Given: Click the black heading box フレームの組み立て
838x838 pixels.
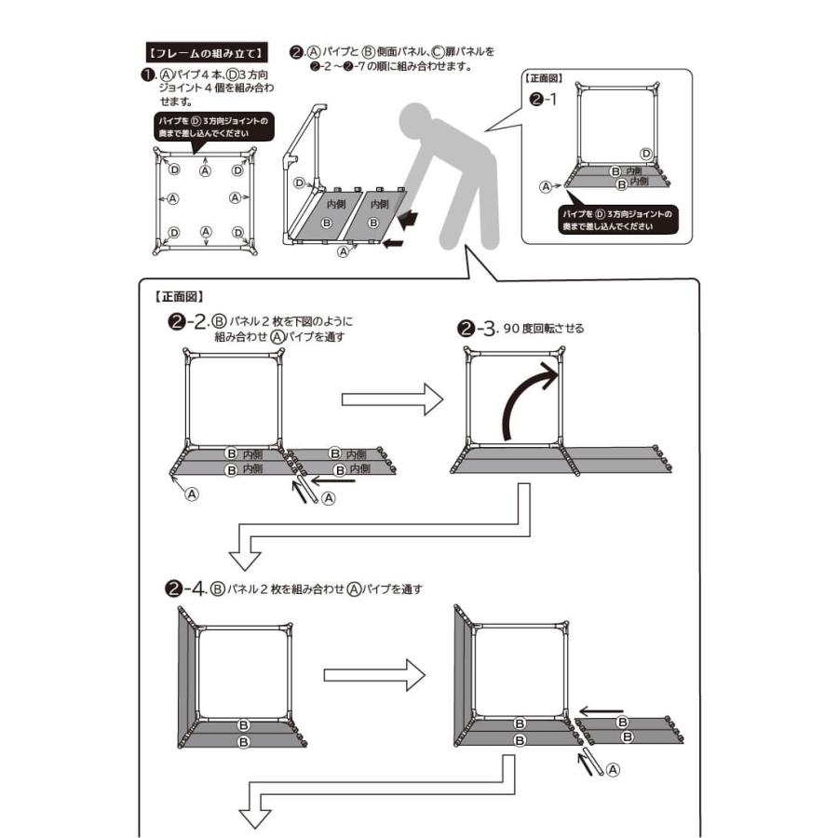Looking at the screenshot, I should (x=208, y=51).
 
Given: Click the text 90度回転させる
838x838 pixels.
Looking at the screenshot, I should (x=543, y=329).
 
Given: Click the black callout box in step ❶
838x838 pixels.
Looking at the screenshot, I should (x=213, y=127).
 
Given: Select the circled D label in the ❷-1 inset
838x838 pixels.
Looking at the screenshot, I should (x=646, y=153).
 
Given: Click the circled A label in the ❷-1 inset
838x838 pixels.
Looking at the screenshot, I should (x=546, y=186).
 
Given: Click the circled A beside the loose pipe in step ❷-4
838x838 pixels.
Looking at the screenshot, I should (x=612, y=769).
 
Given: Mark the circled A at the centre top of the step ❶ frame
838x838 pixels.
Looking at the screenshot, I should (x=206, y=170).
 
